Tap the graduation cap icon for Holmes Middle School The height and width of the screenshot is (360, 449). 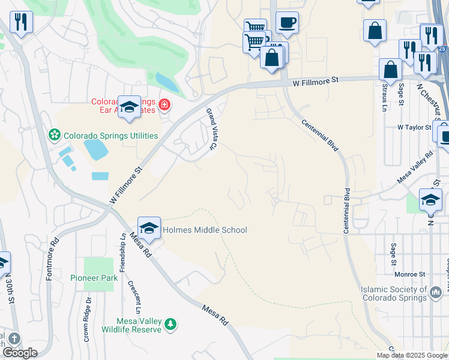pos(149,228)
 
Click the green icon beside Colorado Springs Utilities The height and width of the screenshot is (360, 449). pos(55,134)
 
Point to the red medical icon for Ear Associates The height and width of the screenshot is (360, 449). pos(164,106)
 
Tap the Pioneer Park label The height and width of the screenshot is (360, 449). pos(94,278)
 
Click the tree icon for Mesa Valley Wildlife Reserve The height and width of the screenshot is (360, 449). pos(171,324)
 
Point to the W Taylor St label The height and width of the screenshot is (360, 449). pos(414,128)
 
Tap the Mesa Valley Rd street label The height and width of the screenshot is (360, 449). pos(415,167)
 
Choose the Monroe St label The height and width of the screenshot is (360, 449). pos(410,274)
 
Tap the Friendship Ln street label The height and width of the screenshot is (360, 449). pos(122,253)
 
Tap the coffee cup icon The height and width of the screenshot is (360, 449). pos(287,22)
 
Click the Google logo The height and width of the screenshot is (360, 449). pos(19,353)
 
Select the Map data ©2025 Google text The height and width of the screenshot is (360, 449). pos(411,355)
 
